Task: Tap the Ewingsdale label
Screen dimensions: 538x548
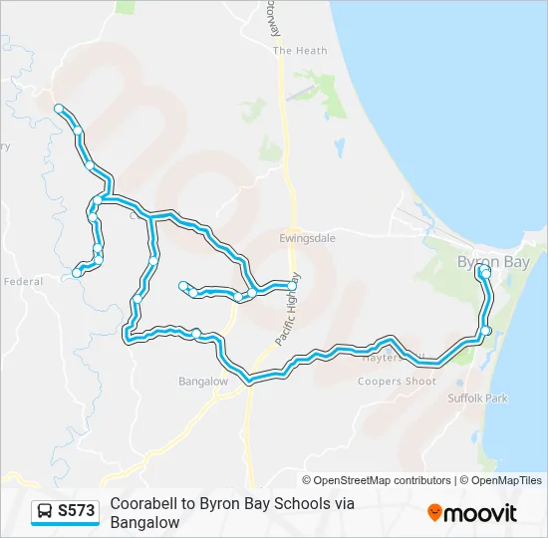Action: (x=307, y=239)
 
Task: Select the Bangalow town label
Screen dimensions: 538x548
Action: (x=203, y=382)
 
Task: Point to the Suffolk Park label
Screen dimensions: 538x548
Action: (x=478, y=399)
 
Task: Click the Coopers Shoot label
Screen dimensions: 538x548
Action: (x=397, y=382)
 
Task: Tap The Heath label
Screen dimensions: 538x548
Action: (x=299, y=51)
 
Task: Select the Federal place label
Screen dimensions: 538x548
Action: (x=22, y=282)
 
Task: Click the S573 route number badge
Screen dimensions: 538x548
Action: (x=77, y=511)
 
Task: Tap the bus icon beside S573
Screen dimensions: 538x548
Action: (x=45, y=511)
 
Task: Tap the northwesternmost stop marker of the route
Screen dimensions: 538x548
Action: (x=59, y=108)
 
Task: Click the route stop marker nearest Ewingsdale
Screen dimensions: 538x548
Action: (x=292, y=285)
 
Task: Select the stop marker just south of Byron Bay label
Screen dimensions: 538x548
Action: (x=485, y=272)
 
